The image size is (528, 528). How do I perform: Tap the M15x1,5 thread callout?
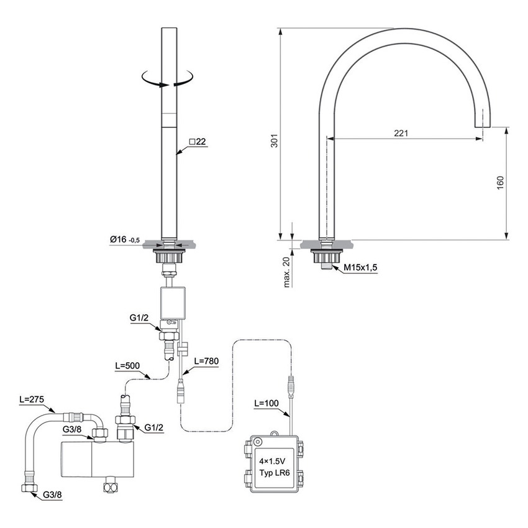click(x=362, y=268)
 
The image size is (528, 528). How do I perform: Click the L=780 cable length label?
click(x=206, y=361)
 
